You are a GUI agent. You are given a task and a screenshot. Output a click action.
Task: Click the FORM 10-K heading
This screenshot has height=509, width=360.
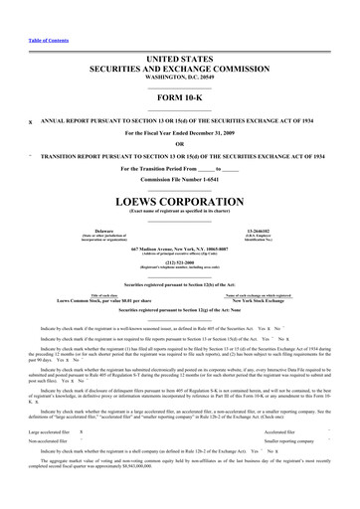(x=179, y=98)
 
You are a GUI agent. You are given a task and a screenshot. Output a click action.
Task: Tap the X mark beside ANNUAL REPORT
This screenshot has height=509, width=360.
(x=31, y=119)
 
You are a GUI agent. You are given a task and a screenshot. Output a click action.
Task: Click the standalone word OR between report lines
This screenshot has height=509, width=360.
(x=180, y=141)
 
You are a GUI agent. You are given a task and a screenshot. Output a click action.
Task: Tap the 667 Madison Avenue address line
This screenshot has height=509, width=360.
(x=179, y=247)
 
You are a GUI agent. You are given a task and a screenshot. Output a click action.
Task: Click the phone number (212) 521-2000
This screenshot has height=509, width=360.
(x=179, y=263)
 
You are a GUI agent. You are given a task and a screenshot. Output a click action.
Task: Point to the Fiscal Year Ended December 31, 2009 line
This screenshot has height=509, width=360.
(x=179, y=131)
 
